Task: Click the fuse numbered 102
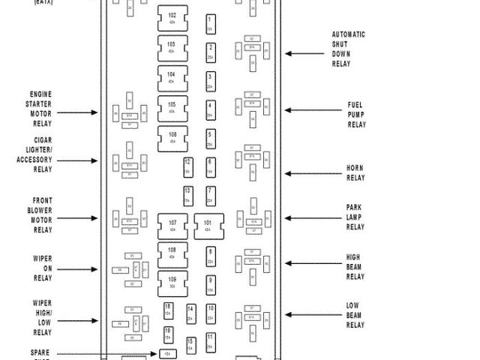[172, 19]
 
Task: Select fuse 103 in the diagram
[172, 49]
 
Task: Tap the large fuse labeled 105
[172, 108]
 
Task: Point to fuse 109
[172, 284]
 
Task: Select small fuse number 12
[187, 166]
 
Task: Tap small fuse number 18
[168, 310]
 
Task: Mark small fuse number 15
[190, 345]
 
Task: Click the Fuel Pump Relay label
[356, 115]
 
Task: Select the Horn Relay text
[355, 173]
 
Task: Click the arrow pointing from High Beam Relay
[303, 264]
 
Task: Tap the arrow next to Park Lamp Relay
[303, 219]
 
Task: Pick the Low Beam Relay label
[355, 315]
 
